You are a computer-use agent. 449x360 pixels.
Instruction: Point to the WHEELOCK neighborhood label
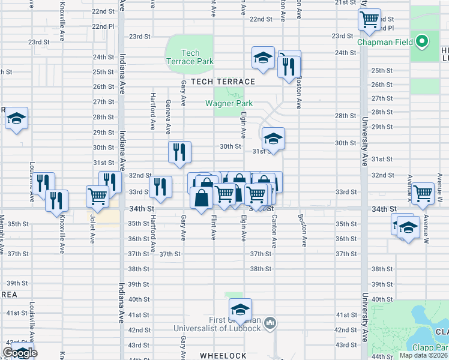point(223,355)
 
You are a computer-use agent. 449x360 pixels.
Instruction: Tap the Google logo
point(20,353)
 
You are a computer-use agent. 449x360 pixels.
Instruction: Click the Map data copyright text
point(422,355)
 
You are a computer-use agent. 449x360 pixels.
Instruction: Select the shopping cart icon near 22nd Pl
point(370,19)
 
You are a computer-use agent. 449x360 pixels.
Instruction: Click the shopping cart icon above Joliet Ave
point(97,196)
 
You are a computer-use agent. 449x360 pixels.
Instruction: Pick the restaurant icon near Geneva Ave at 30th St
point(179,153)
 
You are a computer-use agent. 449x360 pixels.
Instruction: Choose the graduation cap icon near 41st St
point(240,310)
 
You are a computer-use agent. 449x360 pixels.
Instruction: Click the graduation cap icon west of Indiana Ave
point(16,118)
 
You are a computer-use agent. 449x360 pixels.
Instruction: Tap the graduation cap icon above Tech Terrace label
point(263,58)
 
